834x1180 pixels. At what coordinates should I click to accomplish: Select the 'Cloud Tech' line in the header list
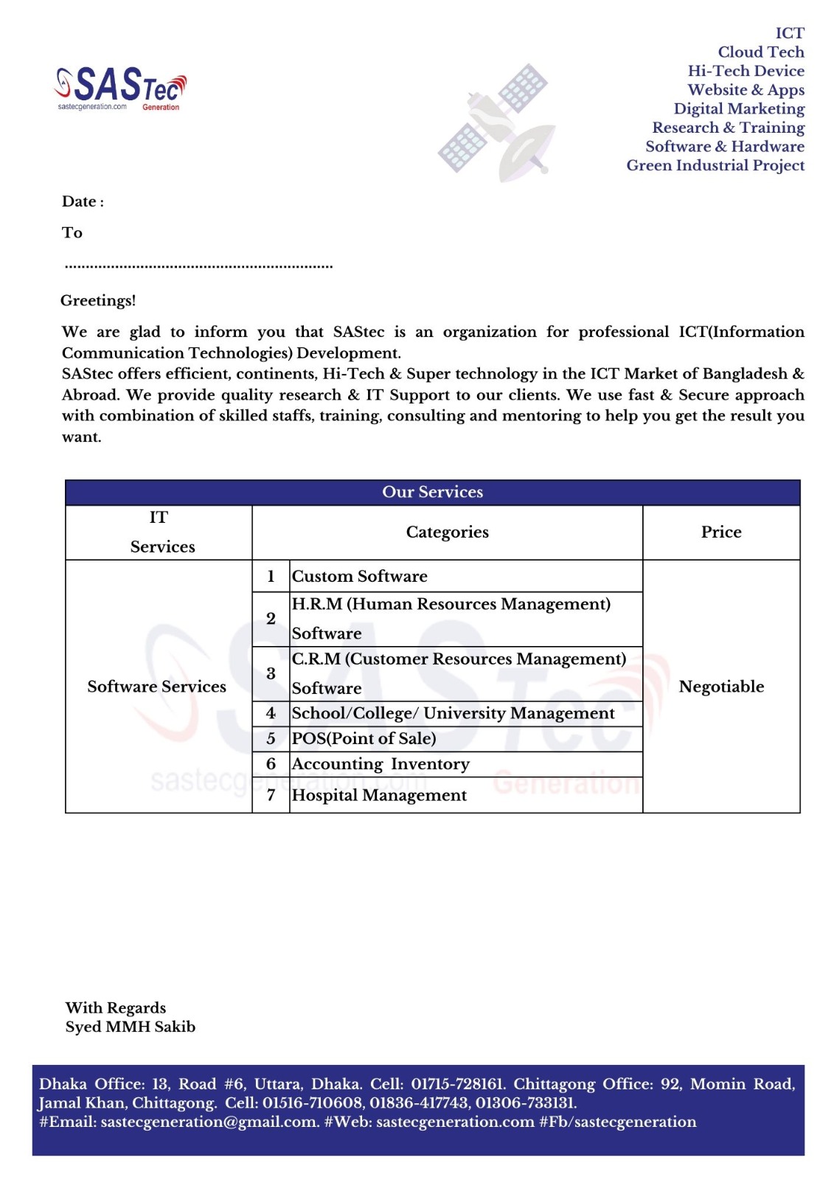pyautogui.click(x=760, y=52)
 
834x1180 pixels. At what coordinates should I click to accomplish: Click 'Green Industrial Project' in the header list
pyautogui.click(x=715, y=165)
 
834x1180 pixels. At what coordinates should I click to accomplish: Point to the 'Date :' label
pyautogui.click(x=83, y=201)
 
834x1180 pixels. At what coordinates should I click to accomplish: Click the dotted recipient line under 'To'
pyautogui.click(x=198, y=265)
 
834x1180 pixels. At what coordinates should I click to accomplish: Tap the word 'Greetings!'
pyautogui.click(x=98, y=300)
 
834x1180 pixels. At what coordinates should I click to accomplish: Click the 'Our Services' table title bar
pyautogui.click(x=432, y=492)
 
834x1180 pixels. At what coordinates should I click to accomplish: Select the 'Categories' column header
pyautogui.click(x=447, y=532)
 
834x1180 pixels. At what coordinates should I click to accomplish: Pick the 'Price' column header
pyautogui.click(x=720, y=532)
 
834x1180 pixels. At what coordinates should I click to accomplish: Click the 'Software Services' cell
pyautogui.click(x=157, y=687)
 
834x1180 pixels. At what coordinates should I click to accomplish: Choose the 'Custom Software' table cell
pyautogui.click(x=360, y=576)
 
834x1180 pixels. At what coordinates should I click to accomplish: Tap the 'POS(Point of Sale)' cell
pyautogui.click(x=364, y=738)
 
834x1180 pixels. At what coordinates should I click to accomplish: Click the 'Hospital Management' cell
pyautogui.click(x=379, y=795)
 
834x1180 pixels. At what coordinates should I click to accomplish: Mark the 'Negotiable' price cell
pyautogui.click(x=720, y=687)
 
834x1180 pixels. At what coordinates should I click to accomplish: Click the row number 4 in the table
pyautogui.click(x=271, y=713)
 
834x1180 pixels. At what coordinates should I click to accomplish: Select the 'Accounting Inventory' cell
pyautogui.click(x=380, y=764)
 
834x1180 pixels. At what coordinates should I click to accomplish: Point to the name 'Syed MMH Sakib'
pyautogui.click(x=131, y=1027)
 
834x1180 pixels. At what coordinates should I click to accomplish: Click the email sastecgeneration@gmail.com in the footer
pyautogui.click(x=209, y=1122)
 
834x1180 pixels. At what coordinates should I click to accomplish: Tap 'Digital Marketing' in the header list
pyautogui.click(x=739, y=108)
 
